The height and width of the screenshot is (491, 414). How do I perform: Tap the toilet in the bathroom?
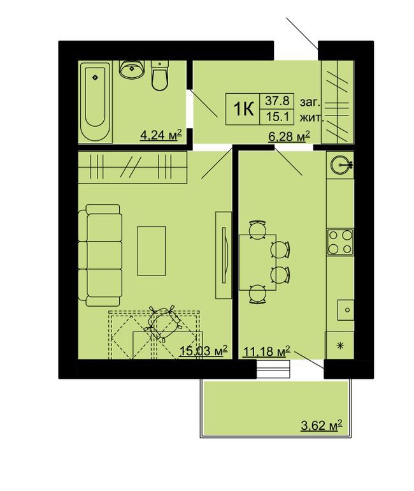[159, 75]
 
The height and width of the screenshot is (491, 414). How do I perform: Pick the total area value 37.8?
[278, 100]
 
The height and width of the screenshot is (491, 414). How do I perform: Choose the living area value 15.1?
[278, 117]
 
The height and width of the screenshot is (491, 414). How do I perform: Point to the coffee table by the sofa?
[152, 251]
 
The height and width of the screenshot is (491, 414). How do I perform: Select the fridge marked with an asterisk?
[339, 345]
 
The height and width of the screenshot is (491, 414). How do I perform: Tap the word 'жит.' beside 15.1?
[311, 117]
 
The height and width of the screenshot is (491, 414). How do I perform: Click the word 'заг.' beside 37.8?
[310, 101]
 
